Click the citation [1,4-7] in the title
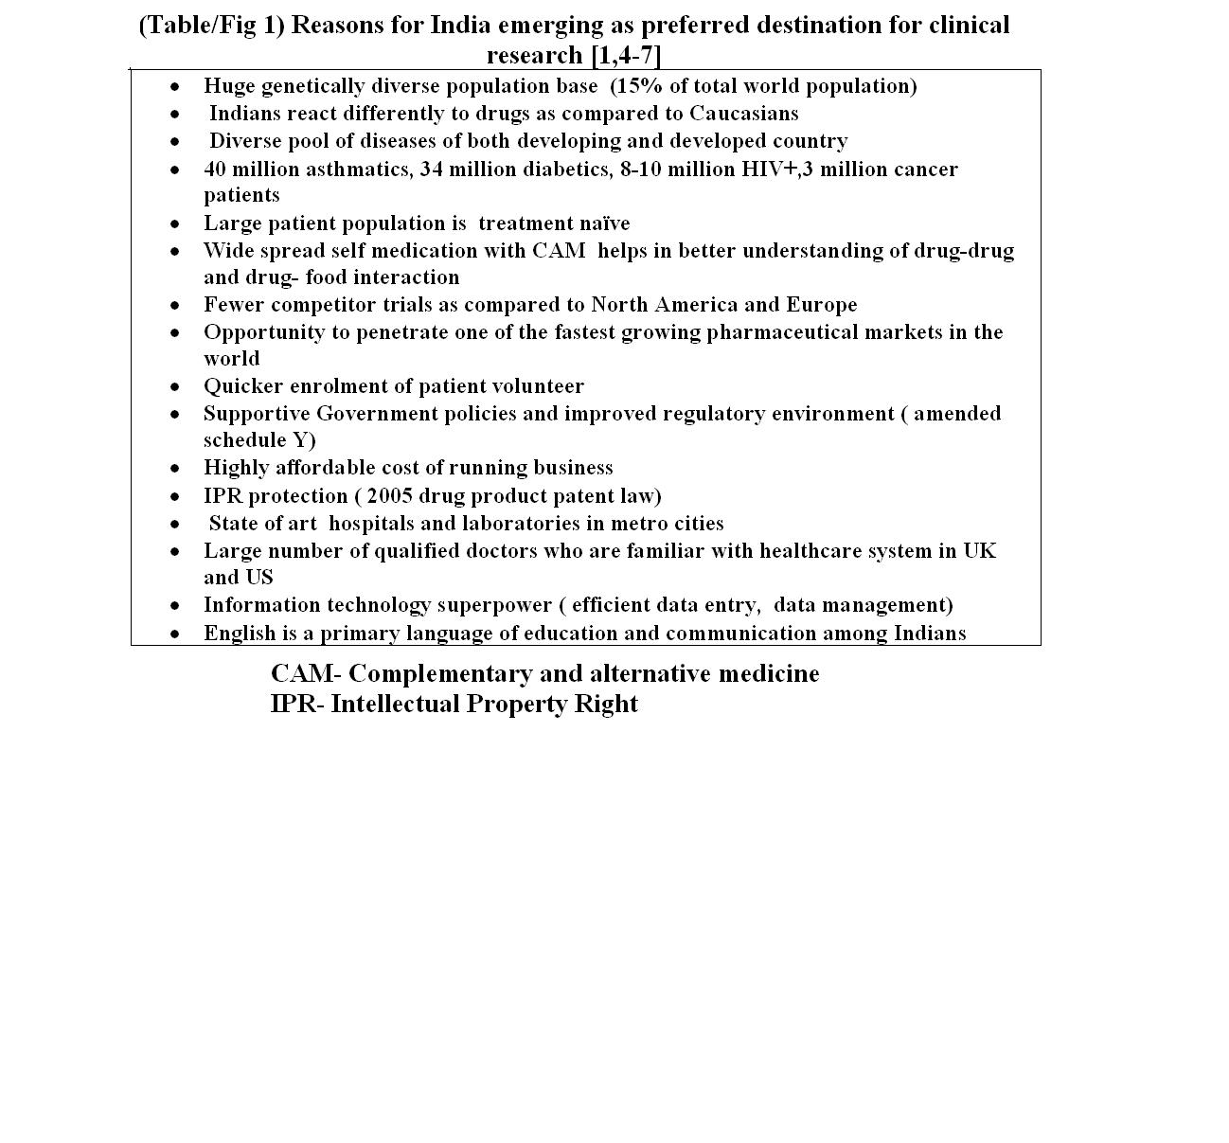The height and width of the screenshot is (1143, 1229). [626, 56]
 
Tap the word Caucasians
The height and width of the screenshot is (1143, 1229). [743, 114]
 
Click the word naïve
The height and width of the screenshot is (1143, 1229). [601, 223]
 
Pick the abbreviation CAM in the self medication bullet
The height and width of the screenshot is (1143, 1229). [559, 251]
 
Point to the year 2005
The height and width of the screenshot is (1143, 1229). [389, 496]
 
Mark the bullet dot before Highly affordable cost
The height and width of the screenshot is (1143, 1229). [175, 469]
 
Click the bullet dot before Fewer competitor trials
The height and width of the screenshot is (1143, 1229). [175, 306]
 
